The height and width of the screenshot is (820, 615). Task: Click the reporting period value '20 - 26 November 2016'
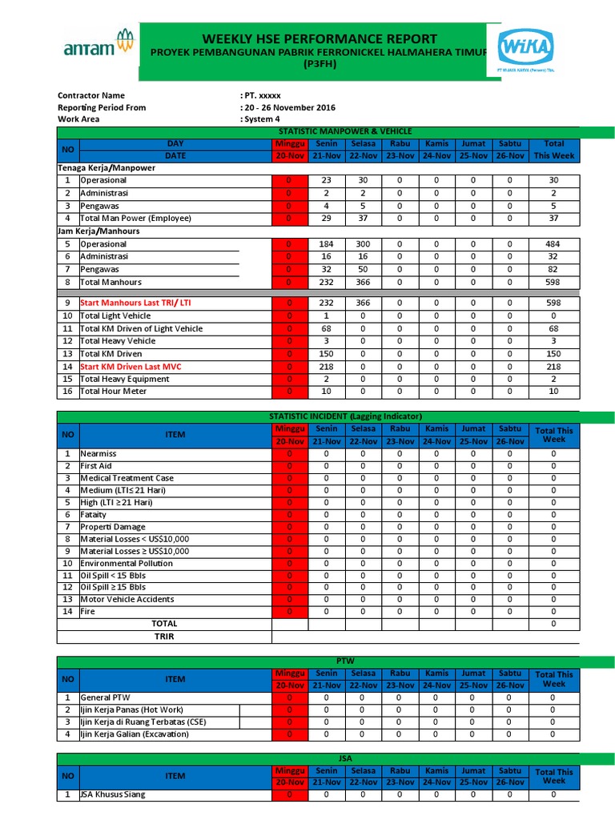289,107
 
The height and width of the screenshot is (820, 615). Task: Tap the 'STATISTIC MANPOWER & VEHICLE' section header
344,131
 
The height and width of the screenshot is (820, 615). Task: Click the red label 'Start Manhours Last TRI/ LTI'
135,303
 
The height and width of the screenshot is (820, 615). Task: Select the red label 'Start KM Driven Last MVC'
131,367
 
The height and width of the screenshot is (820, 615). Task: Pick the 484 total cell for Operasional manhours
553,244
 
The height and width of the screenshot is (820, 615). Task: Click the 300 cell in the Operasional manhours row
363,244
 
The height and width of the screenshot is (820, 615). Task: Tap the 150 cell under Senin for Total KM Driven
326,354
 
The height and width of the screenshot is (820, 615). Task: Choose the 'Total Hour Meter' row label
114,392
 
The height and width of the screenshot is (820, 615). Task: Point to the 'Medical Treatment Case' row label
128,478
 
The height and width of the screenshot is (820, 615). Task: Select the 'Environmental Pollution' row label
127,563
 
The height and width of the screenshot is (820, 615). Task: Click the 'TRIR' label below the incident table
164,637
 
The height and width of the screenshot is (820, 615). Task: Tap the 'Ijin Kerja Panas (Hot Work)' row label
132,709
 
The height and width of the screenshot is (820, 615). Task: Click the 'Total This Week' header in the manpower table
553,149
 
